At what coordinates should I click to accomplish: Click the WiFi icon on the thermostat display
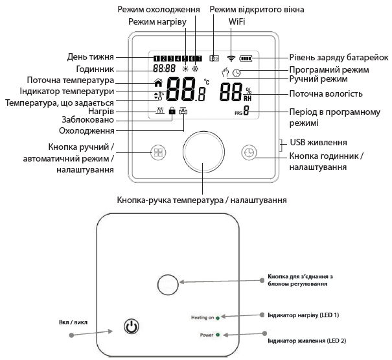point(231,58)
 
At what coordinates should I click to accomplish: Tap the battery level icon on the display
point(246,58)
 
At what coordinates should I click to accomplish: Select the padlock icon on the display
point(172,111)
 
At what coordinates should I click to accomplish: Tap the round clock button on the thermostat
point(248,152)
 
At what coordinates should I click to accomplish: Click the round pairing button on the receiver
point(168,282)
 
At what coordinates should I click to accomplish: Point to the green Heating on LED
point(218,318)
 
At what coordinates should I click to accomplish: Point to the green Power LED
point(218,335)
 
